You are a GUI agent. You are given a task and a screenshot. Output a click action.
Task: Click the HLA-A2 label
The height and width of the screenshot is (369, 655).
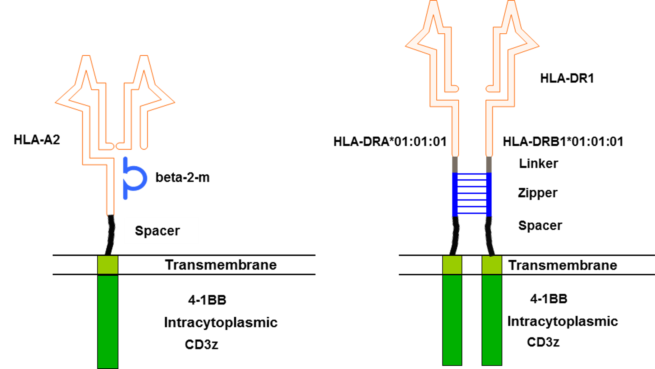point(37,140)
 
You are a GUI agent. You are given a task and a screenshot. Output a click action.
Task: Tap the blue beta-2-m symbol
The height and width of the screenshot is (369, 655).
point(126,178)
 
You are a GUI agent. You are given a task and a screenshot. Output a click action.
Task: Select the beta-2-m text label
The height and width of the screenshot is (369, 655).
point(183,177)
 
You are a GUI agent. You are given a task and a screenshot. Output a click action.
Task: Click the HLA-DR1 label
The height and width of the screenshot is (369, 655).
point(567,78)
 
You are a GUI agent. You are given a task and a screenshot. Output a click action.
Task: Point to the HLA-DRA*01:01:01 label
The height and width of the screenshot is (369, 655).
point(390,142)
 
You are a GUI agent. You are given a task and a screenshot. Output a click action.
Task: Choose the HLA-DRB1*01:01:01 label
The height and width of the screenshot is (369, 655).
point(563,142)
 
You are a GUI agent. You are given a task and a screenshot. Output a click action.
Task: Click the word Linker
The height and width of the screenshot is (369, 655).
point(538,163)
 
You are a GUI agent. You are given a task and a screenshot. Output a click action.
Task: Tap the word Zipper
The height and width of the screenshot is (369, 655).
point(538,193)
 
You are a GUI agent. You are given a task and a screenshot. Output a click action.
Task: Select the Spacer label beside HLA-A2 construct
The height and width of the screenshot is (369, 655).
point(157,231)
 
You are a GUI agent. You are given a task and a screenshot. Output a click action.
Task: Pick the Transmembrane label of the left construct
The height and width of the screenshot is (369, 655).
point(221,265)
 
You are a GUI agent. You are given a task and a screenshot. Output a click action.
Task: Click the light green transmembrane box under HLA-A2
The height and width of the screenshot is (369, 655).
point(108,265)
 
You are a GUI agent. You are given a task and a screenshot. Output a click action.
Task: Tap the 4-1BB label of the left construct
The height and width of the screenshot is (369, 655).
point(207,300)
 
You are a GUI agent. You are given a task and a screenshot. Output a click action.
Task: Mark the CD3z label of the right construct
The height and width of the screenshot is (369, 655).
point(543,342)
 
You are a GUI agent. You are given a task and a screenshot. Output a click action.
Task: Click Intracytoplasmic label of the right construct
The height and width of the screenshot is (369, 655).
point(563,322)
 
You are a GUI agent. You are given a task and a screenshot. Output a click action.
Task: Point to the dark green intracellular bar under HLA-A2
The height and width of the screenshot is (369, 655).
point(108,322)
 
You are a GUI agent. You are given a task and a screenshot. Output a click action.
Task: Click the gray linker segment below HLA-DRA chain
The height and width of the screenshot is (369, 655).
point(455,164)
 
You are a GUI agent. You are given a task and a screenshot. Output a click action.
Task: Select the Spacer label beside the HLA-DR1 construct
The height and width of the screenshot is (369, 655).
point(540,226)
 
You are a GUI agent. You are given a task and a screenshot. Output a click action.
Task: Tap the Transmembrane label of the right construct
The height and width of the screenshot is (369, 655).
point(563,265)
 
